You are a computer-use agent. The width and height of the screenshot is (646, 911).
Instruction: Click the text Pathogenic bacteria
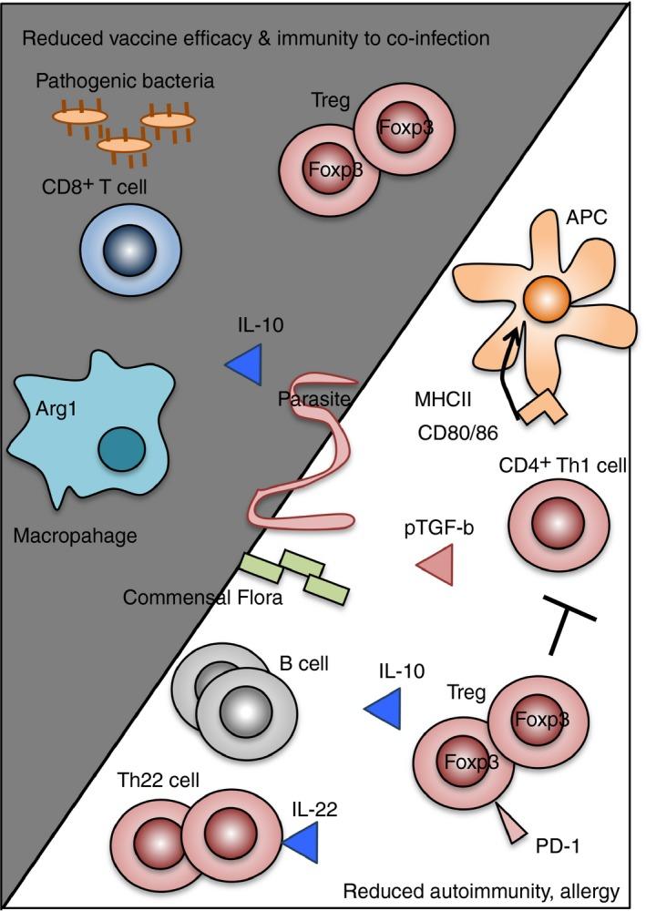point(125,82)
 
